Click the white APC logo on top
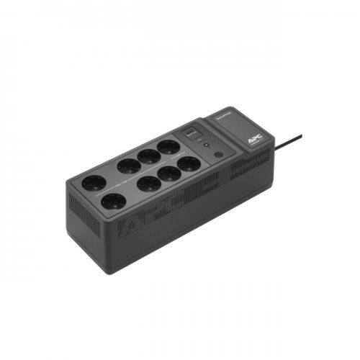tap(257, 132)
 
